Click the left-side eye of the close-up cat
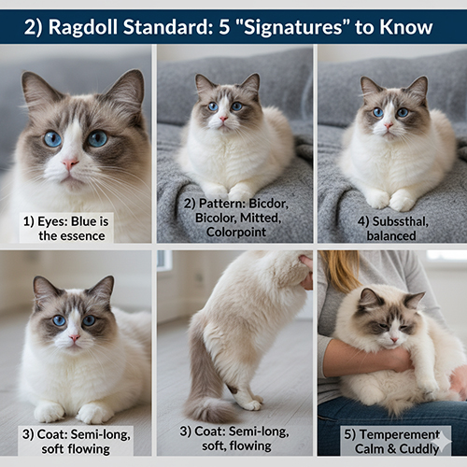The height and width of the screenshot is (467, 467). (x=52, y=138)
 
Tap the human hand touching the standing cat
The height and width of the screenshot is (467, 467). (x=306, y=271)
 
